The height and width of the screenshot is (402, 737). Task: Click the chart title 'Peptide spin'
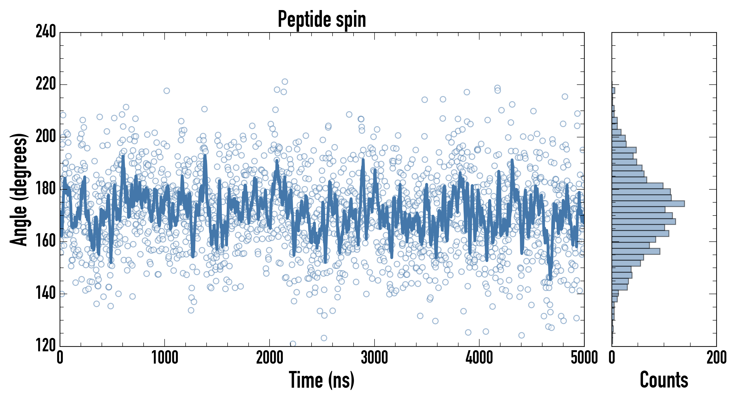[x=322, y=19]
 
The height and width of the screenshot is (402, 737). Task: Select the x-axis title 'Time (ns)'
[x=322, y=380]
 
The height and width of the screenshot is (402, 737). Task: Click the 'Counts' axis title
[x=664, y=380]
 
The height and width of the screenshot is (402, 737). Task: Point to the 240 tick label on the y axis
[x=46, y=31]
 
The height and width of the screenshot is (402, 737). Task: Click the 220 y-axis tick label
[x=46, y=84]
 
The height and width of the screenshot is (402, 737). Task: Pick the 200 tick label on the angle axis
[x=46, y=137]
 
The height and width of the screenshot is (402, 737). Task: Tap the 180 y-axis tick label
[x=46, y=189]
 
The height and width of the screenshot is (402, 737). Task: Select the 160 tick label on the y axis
[x=46, y=241]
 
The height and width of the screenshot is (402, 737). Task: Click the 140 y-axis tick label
[x=46, y=293]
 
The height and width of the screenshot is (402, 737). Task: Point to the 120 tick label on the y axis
[x=46, y=345]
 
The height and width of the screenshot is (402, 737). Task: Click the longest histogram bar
[x=648, y=204]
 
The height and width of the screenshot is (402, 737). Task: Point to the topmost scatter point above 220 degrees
[x=285, y=82]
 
